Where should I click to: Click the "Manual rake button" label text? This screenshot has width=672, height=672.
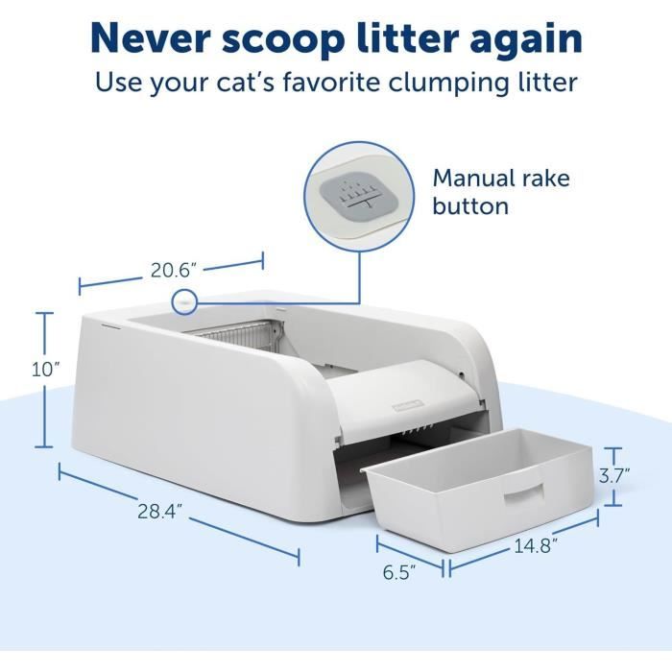tap(500, 192)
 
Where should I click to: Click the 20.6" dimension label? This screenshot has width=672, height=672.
tap(173, 271)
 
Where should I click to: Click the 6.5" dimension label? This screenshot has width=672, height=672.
tap(398, 573)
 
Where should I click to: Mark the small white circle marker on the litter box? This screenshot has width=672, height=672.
tap(182, 302)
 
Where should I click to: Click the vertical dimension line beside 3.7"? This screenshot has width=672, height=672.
tap(613, 475)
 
